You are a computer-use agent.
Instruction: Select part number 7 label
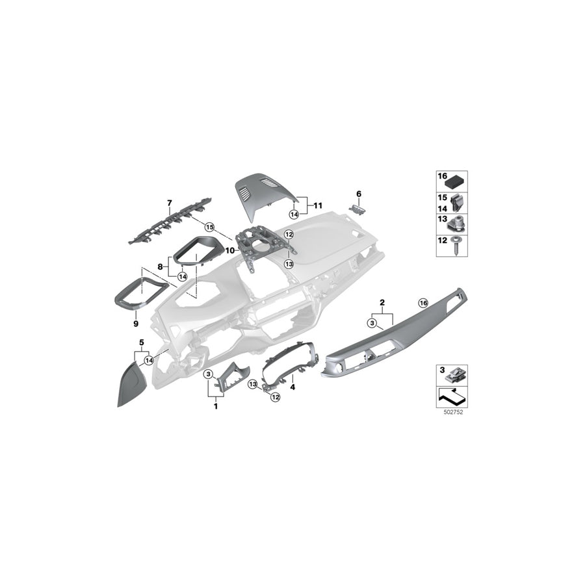pyautogui.click(x=170, y=203)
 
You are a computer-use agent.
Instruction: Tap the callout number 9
pyautogui.click(x=136, y=322)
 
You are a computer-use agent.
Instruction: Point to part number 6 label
pyautogui.click(x=357, y=193)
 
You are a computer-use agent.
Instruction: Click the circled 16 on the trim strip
pyautogui.click(x=423, y=303)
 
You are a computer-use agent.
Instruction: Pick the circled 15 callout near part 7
pyautogui.click(x=209, y=227)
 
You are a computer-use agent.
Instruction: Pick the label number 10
pyautogui.click(x=229, y=250)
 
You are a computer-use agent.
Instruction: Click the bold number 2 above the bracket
pyautogui.click(x=382, y=302)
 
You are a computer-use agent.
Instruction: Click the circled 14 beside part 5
pyautogui.click(x=149, y=360)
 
